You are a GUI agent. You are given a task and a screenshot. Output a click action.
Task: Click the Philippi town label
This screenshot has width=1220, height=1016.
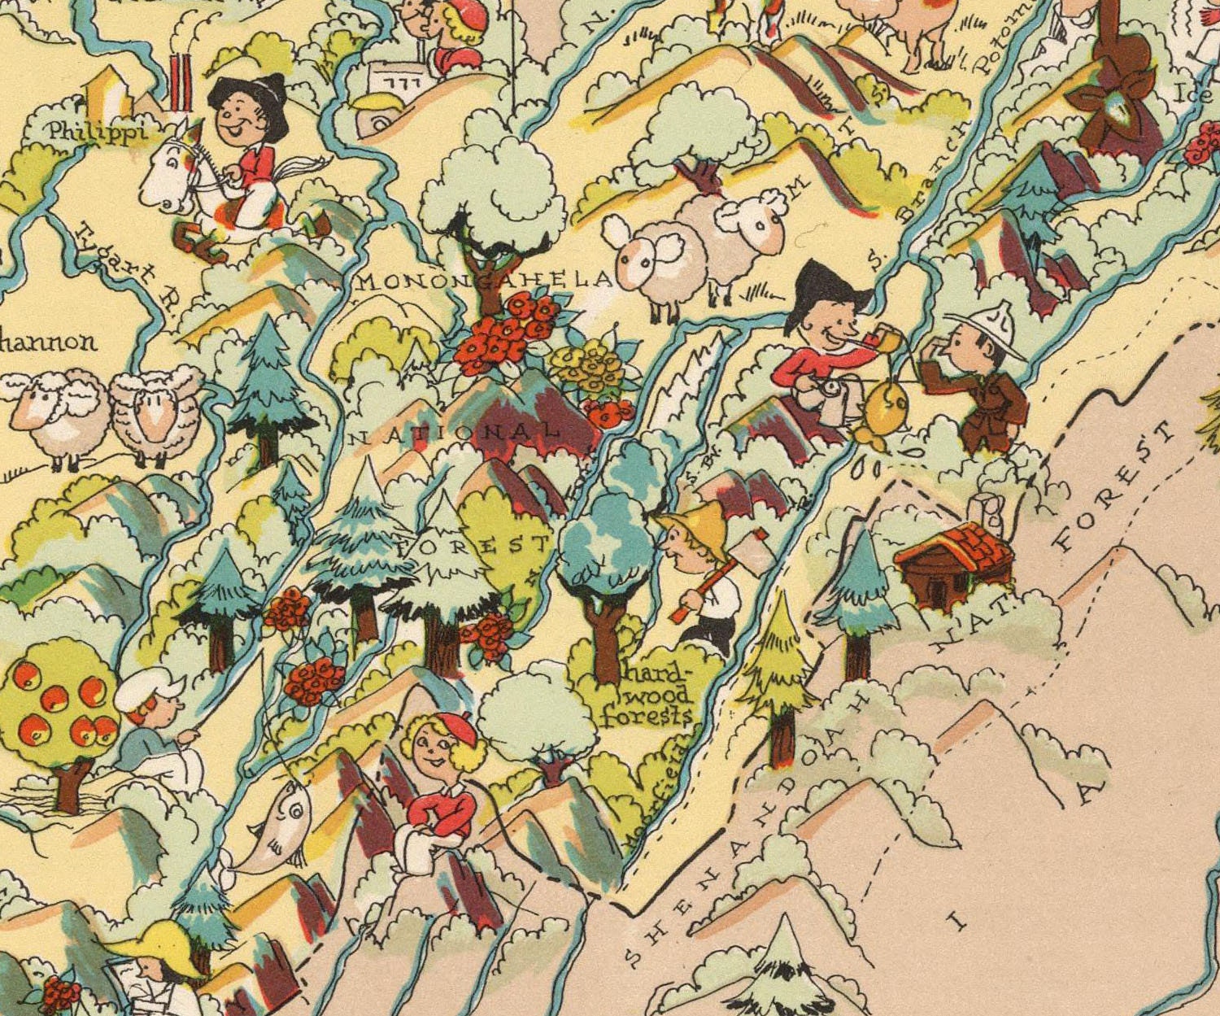[x=96, y=131]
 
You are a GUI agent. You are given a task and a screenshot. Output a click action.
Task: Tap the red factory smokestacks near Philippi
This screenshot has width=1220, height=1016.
[x=181, y=81]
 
